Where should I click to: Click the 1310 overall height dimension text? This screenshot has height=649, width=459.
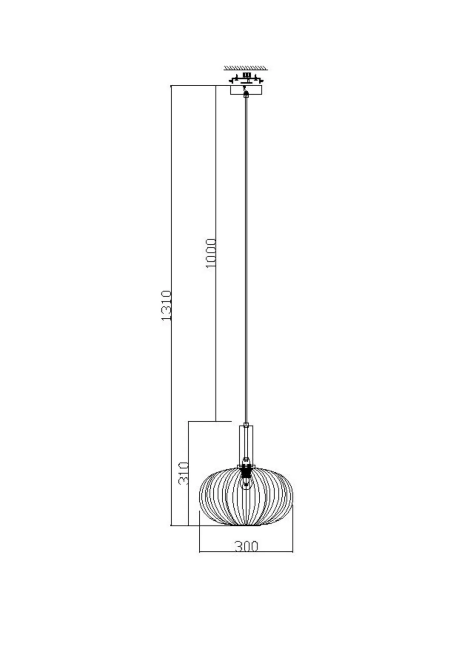[166, 306]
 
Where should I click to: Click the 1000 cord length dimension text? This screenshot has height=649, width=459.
[211, 253]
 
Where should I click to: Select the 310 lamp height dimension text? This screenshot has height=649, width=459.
[184, 473]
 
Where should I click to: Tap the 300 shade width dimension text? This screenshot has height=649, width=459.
[246, 546]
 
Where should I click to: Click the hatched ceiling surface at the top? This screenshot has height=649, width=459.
[246, 68]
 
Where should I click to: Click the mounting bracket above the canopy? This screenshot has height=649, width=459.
[246, 78]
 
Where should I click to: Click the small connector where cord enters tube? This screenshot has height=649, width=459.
[246, 425]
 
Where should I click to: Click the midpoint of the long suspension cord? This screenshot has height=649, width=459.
[246, 260]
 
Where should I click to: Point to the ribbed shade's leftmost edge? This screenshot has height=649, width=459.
[199, 496]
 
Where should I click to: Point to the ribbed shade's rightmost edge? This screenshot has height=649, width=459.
[293, 496]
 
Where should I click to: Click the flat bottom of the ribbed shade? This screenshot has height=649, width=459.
[246, 525]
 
